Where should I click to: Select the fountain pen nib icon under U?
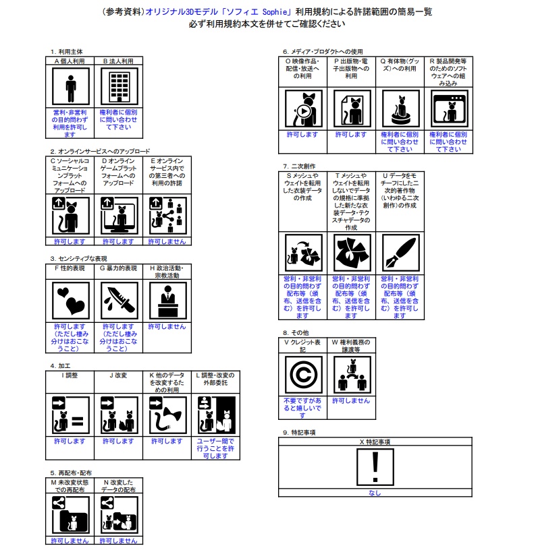[x=400, y=253]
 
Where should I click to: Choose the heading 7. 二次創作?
[x=299, y=166]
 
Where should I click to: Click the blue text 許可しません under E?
[x=166, y=241]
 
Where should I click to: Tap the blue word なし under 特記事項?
[x=373, y=493]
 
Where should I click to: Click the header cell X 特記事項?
[x=373, y=441]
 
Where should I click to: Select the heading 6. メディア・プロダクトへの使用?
[x=323, y=51]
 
